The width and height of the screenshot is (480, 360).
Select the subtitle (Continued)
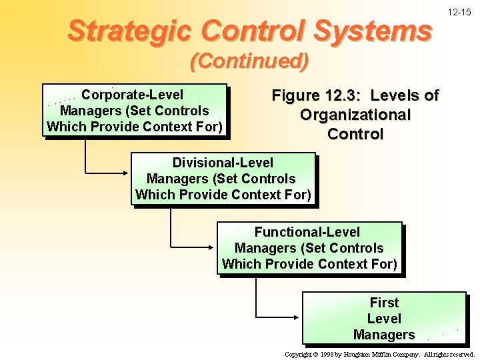249,62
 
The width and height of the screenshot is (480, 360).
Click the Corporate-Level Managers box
135,111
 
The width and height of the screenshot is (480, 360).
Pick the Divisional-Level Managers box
223,179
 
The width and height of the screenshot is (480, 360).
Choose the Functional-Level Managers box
309,248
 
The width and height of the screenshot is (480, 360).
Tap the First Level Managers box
384,318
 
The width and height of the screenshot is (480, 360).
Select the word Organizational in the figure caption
355,115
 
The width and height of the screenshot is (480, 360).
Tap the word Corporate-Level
132,95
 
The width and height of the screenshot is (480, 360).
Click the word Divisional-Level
223,163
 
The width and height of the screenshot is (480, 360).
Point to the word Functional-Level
307,232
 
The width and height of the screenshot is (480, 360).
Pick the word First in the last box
384,303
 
